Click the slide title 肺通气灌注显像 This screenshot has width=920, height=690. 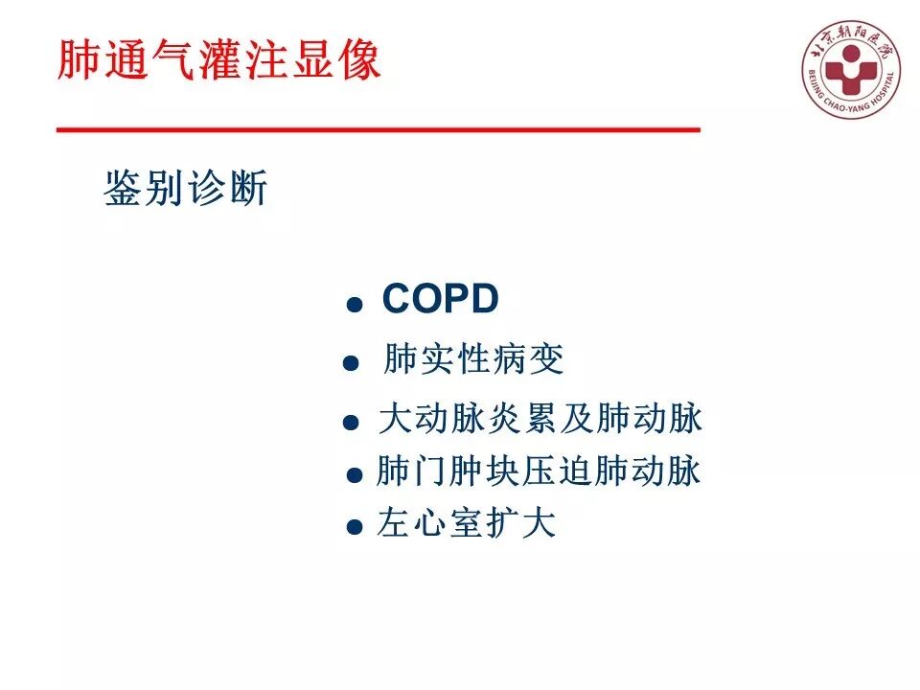(219, 61)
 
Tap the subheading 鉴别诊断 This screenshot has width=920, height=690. (185, 190)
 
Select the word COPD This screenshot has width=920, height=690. (440, 300)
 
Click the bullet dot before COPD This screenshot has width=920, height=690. (355, 306)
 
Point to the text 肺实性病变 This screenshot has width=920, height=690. (473, 360)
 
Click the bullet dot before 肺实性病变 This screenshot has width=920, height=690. (351, 364)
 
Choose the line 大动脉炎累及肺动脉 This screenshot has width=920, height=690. (540, 420)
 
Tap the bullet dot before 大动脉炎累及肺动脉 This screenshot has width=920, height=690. (353, 422)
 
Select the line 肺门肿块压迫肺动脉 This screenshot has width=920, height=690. (539, 471)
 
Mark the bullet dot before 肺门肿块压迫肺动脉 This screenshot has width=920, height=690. (355, 474)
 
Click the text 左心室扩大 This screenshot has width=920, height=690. (467, 525)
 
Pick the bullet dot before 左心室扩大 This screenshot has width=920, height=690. (355, 527)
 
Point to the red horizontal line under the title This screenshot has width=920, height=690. (379, 129)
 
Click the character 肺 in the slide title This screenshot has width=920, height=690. (78, 61)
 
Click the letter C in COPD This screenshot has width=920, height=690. (397, 300)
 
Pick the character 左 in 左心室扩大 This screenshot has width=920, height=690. (394, 525)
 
